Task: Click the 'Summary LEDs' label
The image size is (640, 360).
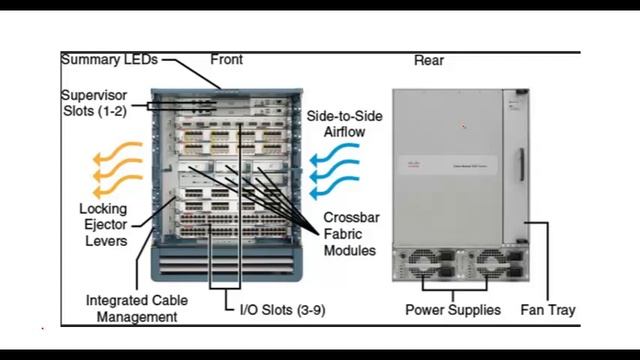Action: (109, 60)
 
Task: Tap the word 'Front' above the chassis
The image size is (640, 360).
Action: (227, 60)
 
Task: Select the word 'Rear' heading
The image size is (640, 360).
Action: (429, 60)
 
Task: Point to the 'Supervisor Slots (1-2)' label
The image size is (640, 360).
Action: (94, 103)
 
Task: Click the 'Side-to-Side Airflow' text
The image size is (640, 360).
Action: (344, 124)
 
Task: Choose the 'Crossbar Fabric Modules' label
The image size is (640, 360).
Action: (351, 234)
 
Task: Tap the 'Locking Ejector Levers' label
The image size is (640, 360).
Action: (103, 224)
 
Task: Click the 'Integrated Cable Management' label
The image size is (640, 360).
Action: (137, 309)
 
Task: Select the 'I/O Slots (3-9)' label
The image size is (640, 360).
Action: (282, 310)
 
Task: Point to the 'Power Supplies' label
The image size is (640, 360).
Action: (453, 310)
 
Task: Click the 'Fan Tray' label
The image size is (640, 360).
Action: (548, 310)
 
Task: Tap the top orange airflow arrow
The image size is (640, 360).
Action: (118, 152)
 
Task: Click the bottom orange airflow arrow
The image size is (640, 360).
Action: (118, 186)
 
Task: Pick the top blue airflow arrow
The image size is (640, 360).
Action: (334, 155)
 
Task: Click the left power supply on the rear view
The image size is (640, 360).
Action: (428, 264)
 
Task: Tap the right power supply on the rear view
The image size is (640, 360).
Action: (496, 264)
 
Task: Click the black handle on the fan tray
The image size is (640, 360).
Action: (522, 164)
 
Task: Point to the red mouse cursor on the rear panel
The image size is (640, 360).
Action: (463, 126)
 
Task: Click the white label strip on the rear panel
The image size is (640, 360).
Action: (448, 165)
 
